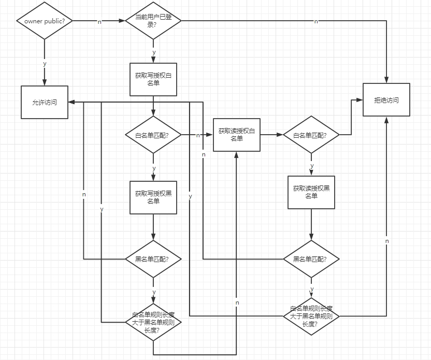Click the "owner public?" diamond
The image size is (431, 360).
tap(45, 21)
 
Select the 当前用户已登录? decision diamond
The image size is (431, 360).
tap(153, 21)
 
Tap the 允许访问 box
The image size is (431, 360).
tap(45, 102)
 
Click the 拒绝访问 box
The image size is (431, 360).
tap(386, 100)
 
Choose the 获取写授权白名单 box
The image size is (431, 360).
tap(153, 79)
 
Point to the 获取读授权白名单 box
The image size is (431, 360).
tap(237, 135)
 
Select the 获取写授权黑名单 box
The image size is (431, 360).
tap(153, 197)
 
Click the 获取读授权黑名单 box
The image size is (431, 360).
tap(311, 193)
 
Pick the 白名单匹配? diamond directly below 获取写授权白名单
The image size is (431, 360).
tap(153, 135)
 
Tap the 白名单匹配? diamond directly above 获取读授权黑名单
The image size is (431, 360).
tap(311, 135)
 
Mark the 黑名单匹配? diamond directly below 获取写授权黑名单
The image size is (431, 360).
tap(153, 258)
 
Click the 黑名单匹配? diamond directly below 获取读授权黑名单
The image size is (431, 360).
tap(311, 258)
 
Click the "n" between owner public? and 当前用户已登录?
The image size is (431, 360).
tap(99, 22)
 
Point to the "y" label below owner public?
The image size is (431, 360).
tap(45, 64)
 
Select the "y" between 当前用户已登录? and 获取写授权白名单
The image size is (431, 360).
tap(153, 52)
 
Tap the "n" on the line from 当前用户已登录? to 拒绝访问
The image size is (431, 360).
tap(316, 21)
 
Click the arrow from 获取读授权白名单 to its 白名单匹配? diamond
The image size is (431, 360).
tap(271, 135)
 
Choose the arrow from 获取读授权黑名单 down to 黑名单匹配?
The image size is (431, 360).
tap(311, 225)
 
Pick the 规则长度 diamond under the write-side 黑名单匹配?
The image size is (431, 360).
tap(153, 322)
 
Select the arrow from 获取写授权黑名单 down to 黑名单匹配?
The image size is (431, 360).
tap(153, 227)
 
